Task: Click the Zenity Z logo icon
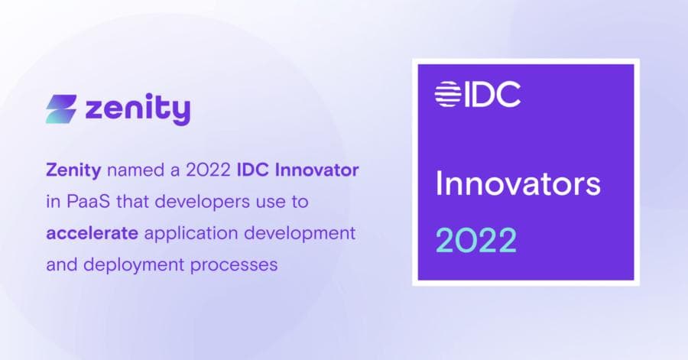click(x=62, y=109)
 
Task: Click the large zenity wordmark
click(x=138, y=109)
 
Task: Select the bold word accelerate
click(x=92, y=233)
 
